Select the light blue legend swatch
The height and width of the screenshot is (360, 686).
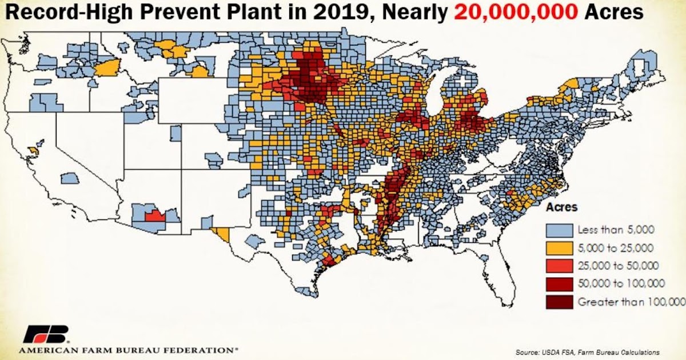[559, 230]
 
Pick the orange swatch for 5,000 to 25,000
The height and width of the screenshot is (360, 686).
[559, 248]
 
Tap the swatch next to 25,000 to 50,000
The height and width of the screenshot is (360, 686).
[559, 266]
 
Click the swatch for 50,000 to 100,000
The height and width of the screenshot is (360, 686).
[559, 283]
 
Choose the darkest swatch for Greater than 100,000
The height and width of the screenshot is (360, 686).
[559, 301]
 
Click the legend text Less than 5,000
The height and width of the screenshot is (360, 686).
[616, 230]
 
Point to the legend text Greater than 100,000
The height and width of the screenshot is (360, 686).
[631, 301]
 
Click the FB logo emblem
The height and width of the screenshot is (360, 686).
[46, 334]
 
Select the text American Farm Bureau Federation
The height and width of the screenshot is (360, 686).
[129, 349]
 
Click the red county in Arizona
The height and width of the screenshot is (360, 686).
[153, 216]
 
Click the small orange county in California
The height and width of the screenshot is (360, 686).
[33, 150]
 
